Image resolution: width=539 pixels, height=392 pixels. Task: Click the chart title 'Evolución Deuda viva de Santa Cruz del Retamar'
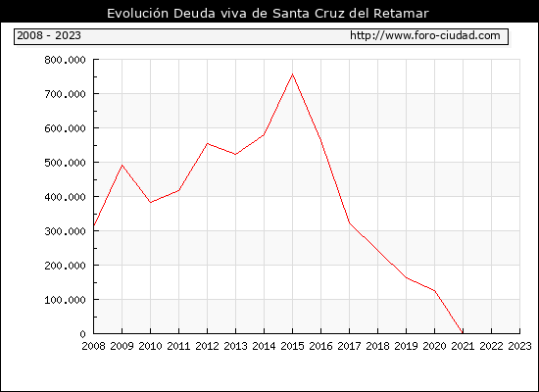pyautogui.click(x=268, y=14)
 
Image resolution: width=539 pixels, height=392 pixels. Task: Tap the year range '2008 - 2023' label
pyautogui.click(x=49, y=35)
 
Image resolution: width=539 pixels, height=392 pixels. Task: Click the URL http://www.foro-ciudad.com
pyautogui.click(x=425, y=35)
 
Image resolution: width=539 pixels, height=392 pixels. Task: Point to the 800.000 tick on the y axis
pyautogui.click(x=65, y=60)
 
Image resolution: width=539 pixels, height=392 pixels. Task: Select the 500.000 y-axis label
pyautogui.click(x=65, y=163)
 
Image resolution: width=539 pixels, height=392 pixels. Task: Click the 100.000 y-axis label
pyautogui.click(x=65, y=300)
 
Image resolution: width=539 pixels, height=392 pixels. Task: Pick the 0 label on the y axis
pyautogui.click(x=82, y=334)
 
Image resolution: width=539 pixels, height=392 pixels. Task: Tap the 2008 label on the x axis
pyautogui.click(x=93, y=346)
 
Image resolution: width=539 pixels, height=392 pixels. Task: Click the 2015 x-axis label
pyautogui.click(x=293, y=346)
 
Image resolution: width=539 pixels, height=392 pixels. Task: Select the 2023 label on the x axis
pyautogui.click(x=519, y=346)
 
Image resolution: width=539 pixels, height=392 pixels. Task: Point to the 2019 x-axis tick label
pyautogui.click(x=406, y=346)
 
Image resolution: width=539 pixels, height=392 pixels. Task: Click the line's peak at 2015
pyautogui.click(x=293, y=73)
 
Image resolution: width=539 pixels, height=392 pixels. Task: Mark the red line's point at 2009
pyautogui.click(x=122, y=166)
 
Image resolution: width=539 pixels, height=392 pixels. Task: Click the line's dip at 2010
pyautogui.click(x=151, y=203)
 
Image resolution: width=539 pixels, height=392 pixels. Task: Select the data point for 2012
pyautogui.click(x=208, y=143)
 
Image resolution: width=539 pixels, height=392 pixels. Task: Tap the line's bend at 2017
pyautogui.click(x=349, y=222)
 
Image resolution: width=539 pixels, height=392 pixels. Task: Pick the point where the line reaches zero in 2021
pyautogui.click(x=463, y=333)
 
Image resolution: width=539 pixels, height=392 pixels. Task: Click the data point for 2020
pyautogui.click(x=434, y=291)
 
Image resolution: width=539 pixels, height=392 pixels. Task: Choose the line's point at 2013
pyautogui.click(x=236, y=155)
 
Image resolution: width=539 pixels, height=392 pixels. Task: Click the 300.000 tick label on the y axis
pyautogui.click(x=65, y=231)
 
